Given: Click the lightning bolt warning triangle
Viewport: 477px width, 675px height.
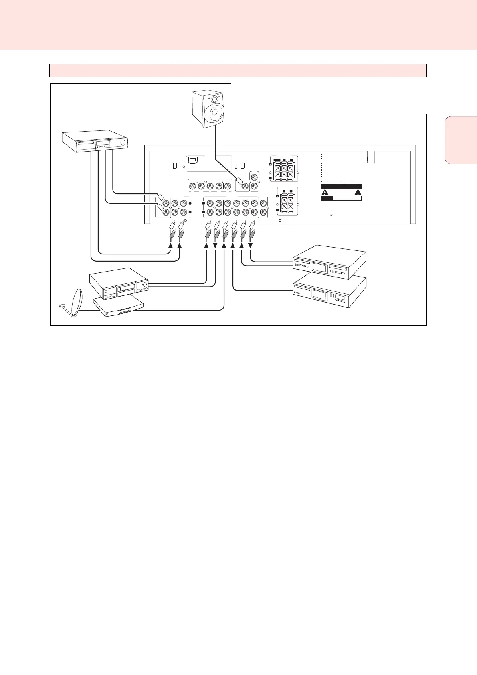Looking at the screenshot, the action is (325, 192).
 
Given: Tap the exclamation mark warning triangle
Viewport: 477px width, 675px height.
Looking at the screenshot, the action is (358, 192).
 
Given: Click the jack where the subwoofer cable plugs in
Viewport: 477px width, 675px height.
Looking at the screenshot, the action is (243, 186).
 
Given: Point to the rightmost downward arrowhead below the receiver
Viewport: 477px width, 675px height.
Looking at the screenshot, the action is (251, 246).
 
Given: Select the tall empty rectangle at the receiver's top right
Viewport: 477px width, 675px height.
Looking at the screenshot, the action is (371, 157).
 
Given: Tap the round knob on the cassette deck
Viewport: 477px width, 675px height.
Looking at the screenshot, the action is (145, 286).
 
